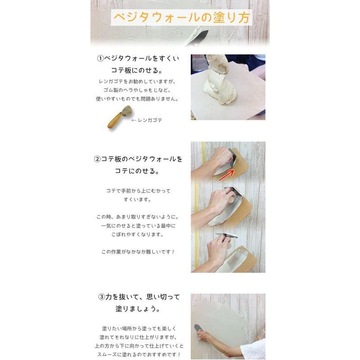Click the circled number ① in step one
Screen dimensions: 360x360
(x=100, y=58)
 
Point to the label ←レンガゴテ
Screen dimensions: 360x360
(x=146, y=120)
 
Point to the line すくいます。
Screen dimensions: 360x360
(x=138, y=199)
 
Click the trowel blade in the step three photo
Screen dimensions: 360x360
(x=197, y=328)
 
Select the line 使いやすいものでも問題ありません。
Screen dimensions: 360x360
(x=137, y=99)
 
